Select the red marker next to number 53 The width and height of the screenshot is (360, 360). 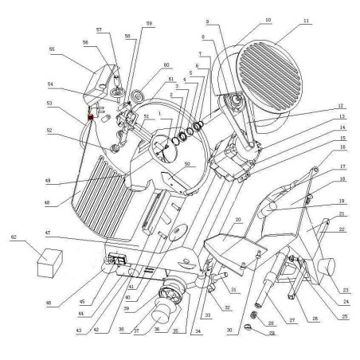[x=91, y=118]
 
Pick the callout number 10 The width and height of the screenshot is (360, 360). [x=268, y=20]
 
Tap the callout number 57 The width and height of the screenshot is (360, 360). [x=100, y=28]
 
